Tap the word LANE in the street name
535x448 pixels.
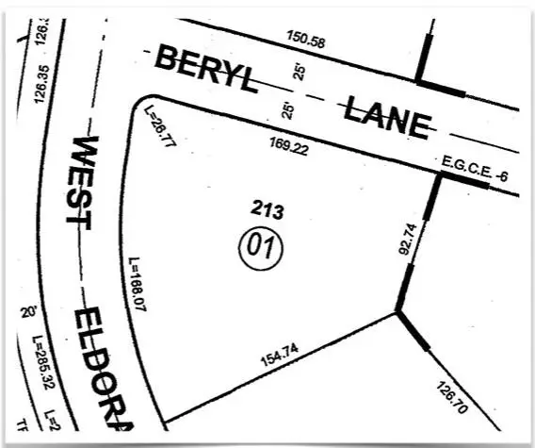click(x=386, y=114)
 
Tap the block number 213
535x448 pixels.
click(x=267, y=210)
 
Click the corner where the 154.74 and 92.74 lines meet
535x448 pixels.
click(x=397, y=311)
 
